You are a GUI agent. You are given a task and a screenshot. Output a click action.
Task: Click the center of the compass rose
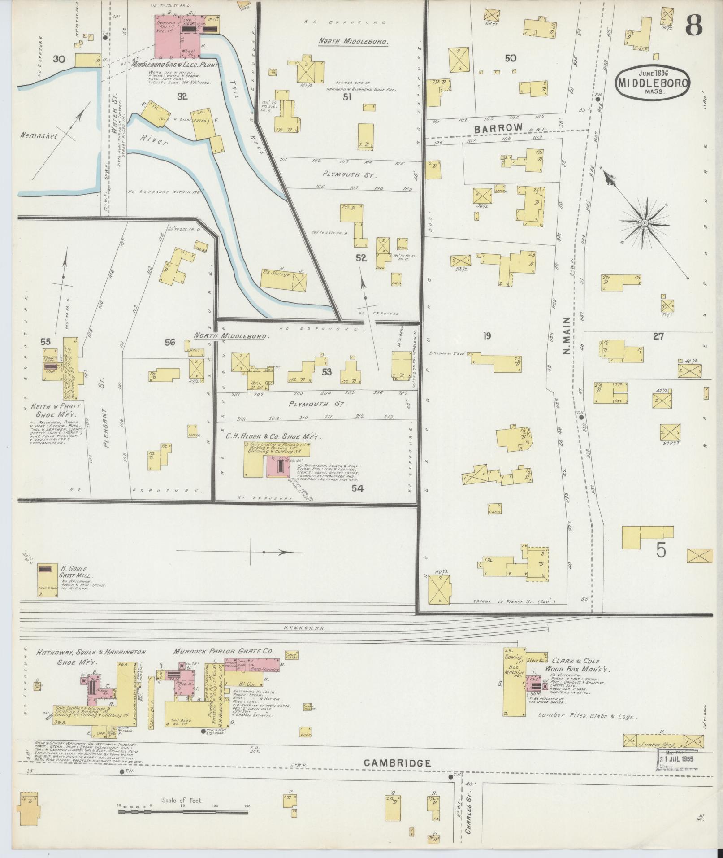[x=644, y=223]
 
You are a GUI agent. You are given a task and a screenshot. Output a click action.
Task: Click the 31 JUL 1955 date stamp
[x=678, y=759]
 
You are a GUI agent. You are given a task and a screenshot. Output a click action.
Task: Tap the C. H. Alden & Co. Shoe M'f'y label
[x=274, y=436]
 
